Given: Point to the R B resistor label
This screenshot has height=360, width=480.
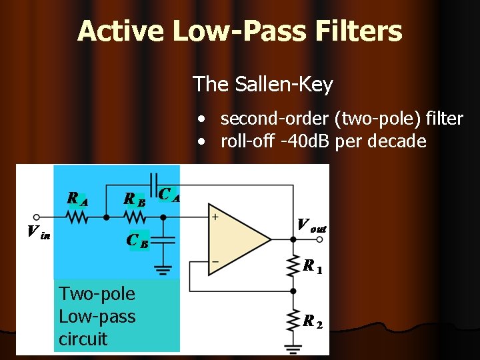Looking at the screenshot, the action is coord(135,198).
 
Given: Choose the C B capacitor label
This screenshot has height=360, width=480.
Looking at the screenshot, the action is coord(138,239).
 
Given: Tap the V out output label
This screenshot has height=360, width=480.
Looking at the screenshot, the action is coord(311,225).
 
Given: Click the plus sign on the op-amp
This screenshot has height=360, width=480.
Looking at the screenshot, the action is coord(215,217).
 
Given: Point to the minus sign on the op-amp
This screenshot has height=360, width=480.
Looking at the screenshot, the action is coord(215,261).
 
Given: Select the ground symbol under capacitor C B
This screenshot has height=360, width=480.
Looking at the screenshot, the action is coord(161,270).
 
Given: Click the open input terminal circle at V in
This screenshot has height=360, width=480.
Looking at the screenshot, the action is coord(37,217).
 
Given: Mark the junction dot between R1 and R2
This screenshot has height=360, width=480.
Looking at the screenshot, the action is coord(293,291).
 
